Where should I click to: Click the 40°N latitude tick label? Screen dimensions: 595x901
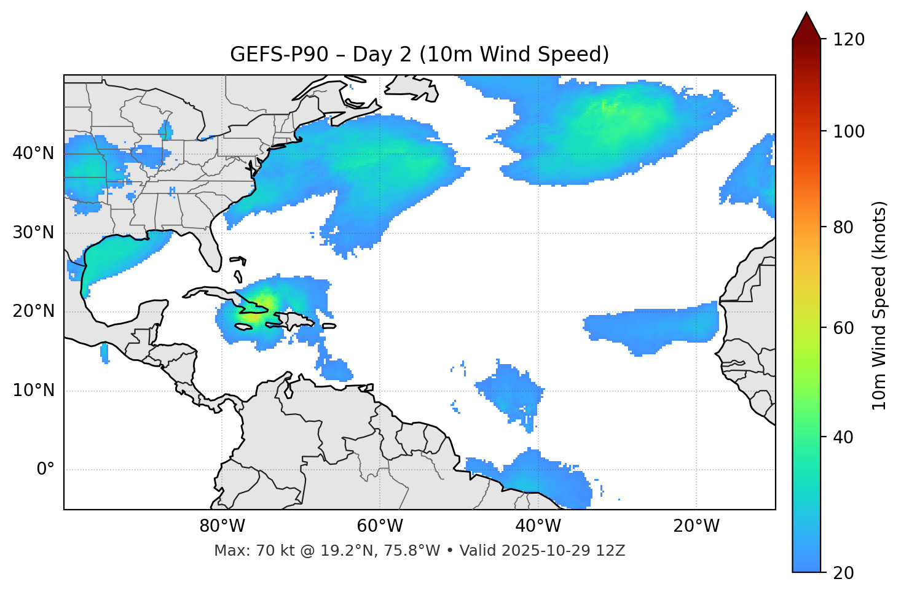33,154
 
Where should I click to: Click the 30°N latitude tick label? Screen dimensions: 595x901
33,233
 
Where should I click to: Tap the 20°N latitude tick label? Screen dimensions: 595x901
33,311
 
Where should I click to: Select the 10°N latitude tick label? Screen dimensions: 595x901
33,391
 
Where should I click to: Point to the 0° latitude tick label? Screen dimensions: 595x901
45,470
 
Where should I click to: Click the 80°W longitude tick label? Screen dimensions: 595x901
222,526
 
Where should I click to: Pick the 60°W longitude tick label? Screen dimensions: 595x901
380,526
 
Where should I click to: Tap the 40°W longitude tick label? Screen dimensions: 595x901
538,526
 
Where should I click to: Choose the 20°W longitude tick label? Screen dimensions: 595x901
696,526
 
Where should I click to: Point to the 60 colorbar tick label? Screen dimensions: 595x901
844,328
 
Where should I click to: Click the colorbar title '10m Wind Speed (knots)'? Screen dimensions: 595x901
879,305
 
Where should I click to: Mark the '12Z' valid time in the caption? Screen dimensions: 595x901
612,551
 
